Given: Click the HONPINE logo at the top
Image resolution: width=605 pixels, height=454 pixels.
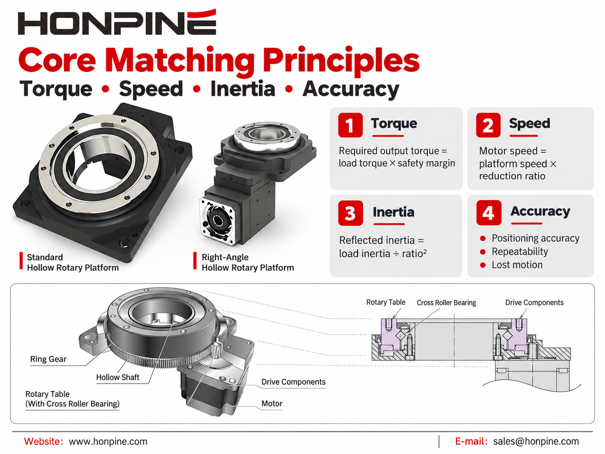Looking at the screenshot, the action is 117,22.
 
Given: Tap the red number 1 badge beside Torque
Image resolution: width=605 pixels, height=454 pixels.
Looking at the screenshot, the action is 350,125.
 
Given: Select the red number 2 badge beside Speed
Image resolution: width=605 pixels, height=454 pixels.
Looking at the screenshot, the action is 488,125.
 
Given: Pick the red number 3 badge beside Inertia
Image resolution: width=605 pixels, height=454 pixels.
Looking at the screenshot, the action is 350,213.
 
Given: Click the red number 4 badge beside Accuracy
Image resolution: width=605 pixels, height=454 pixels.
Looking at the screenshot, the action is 489,212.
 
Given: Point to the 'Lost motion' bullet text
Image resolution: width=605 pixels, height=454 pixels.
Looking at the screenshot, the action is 517,265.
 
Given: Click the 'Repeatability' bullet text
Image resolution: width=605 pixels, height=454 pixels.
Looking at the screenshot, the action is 520,252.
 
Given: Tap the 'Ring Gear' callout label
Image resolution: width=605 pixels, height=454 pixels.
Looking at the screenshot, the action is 48,359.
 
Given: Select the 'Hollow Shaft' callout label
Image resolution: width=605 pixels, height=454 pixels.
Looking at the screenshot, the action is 118,377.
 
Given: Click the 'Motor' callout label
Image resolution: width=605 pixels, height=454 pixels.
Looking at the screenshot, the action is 272,404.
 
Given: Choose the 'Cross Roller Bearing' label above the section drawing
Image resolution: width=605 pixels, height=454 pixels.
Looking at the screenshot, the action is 446,303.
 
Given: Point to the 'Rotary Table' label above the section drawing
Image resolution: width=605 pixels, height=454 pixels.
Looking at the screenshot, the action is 386,302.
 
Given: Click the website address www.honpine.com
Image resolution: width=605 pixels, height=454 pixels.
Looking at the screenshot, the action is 108,441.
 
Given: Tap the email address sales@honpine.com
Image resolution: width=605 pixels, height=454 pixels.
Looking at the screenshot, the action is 536,441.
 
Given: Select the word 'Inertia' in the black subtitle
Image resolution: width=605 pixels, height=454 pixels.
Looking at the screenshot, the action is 243,89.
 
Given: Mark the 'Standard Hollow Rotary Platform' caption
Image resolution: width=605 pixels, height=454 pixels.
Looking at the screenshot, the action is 73,263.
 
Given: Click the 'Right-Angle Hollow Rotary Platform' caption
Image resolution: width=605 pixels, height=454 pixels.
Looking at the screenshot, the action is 248,263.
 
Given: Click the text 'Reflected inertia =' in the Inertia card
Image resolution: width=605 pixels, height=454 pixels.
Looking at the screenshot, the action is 381,240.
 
